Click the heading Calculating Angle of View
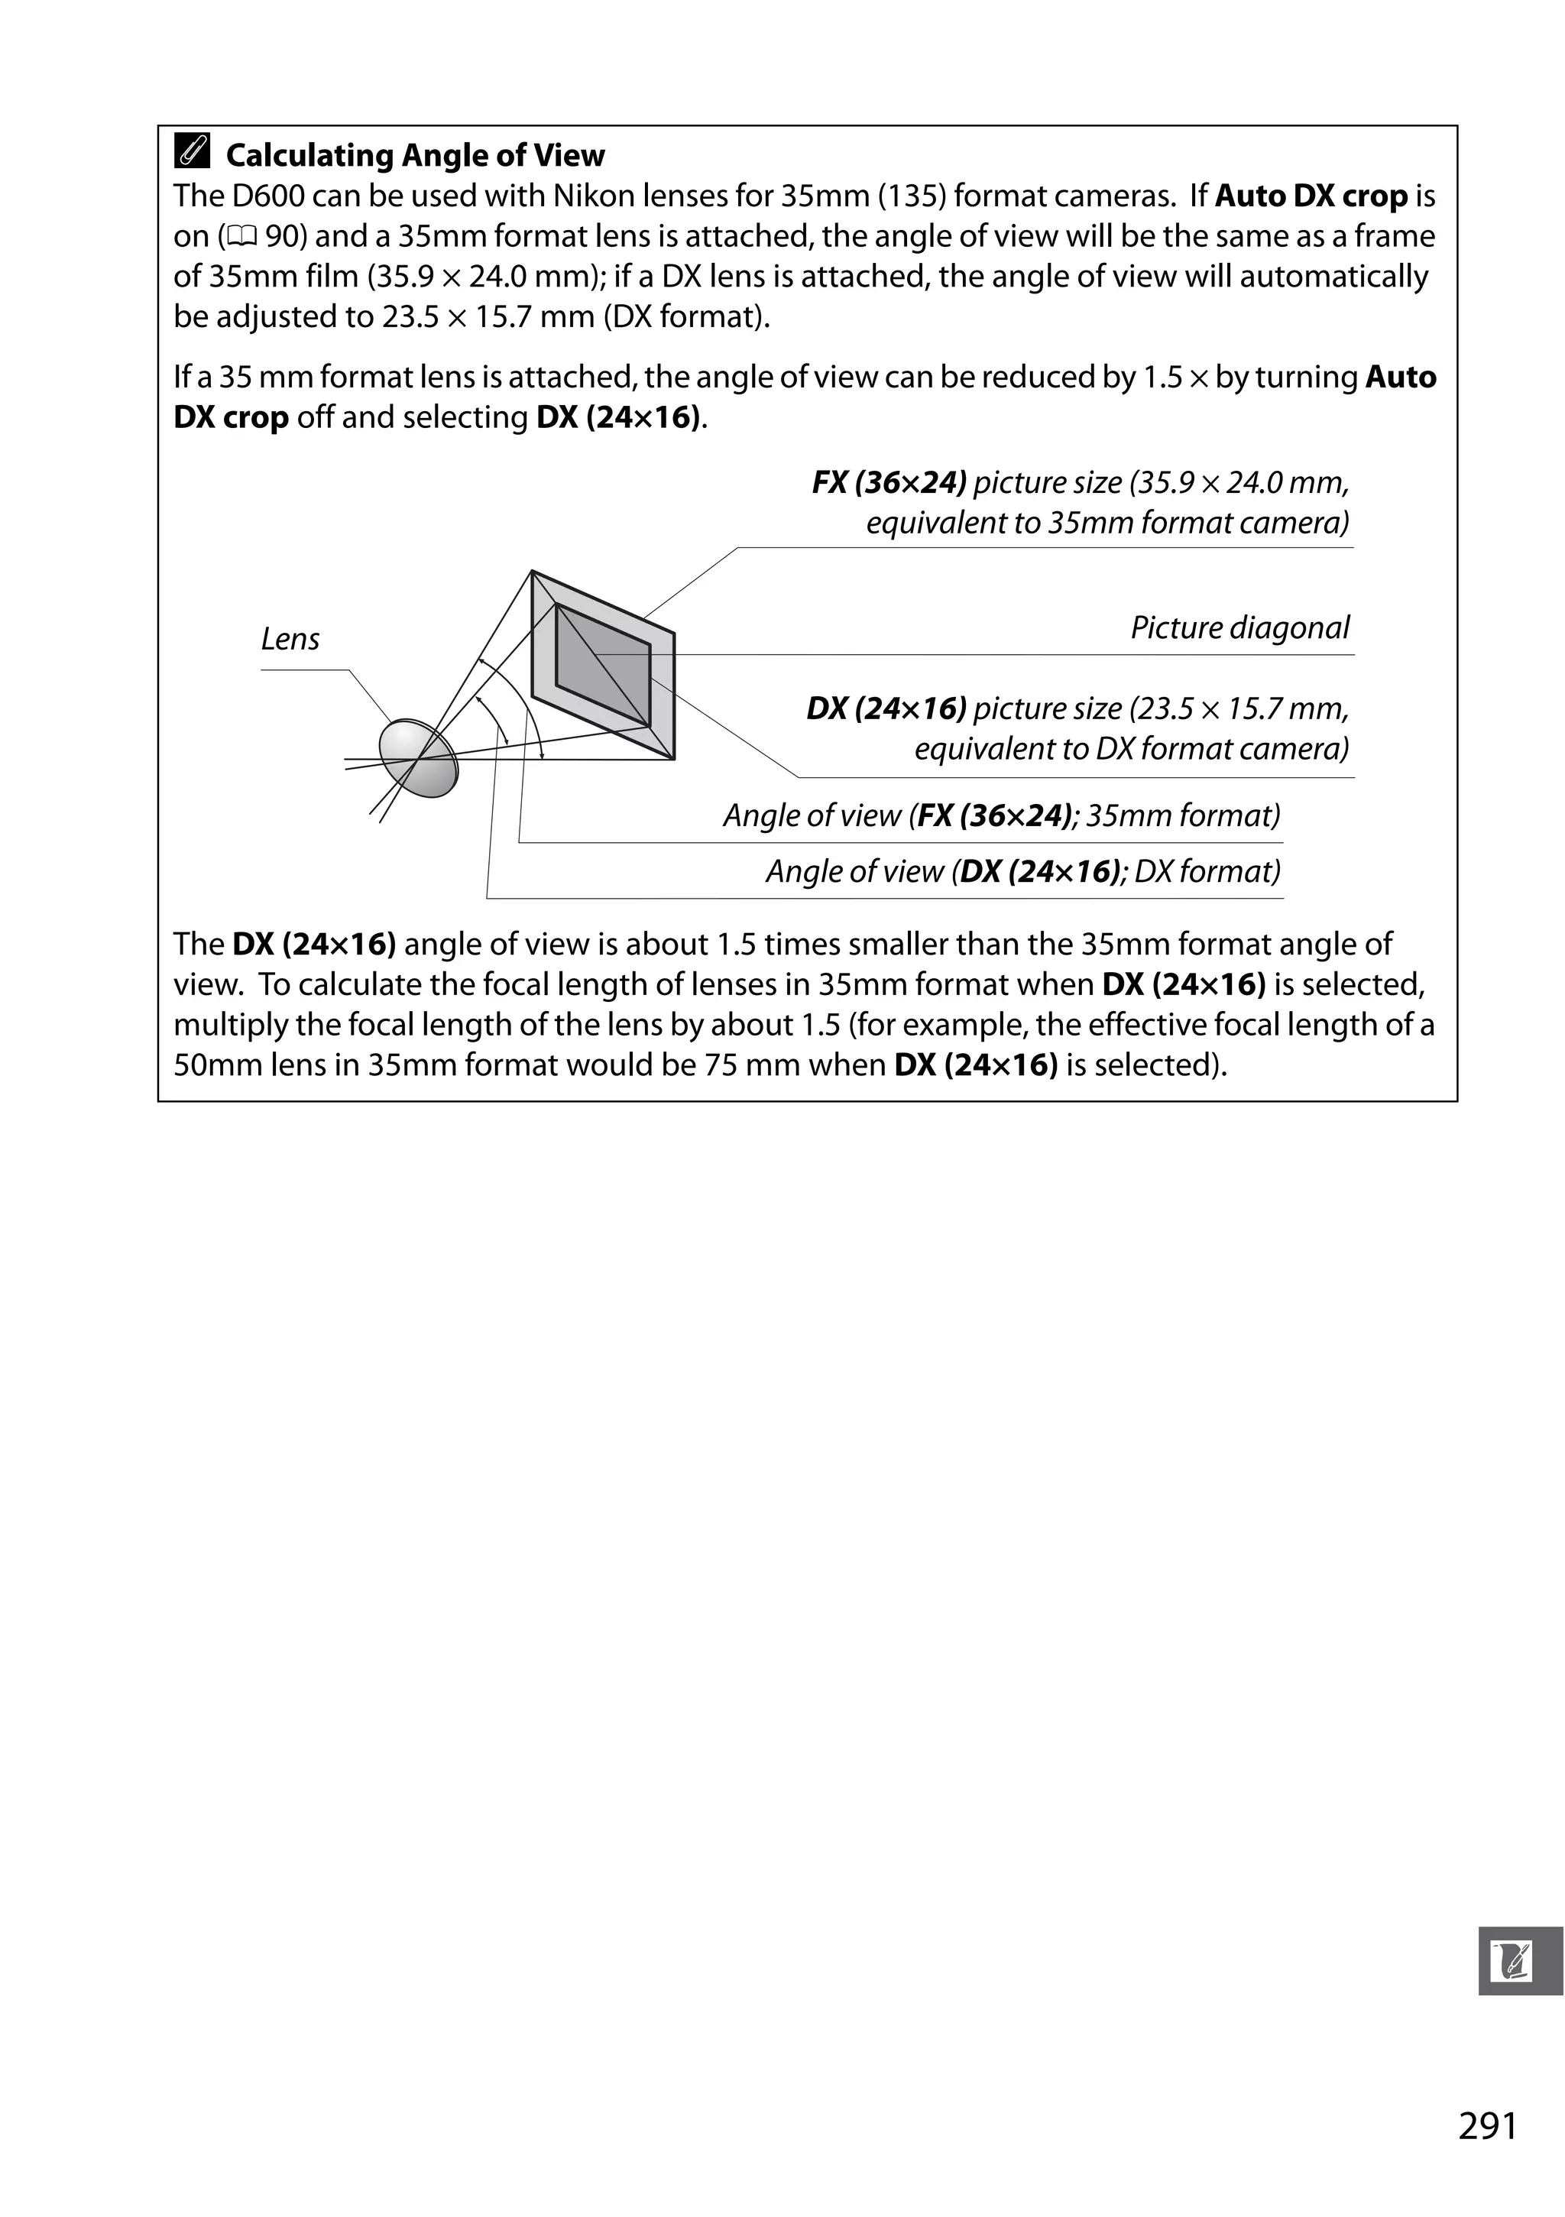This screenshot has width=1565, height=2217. (414, 155)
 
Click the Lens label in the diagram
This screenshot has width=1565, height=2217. (290, 639)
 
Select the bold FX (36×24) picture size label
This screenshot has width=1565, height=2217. (888, 483)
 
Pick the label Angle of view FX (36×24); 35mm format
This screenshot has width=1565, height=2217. (1001, 816)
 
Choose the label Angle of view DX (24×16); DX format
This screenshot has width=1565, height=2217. (1022, 872)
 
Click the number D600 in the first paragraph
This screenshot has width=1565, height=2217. (267, 196)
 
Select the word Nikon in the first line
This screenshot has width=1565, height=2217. (591, 196)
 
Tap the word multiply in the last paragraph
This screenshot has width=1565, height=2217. (227, 1025)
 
